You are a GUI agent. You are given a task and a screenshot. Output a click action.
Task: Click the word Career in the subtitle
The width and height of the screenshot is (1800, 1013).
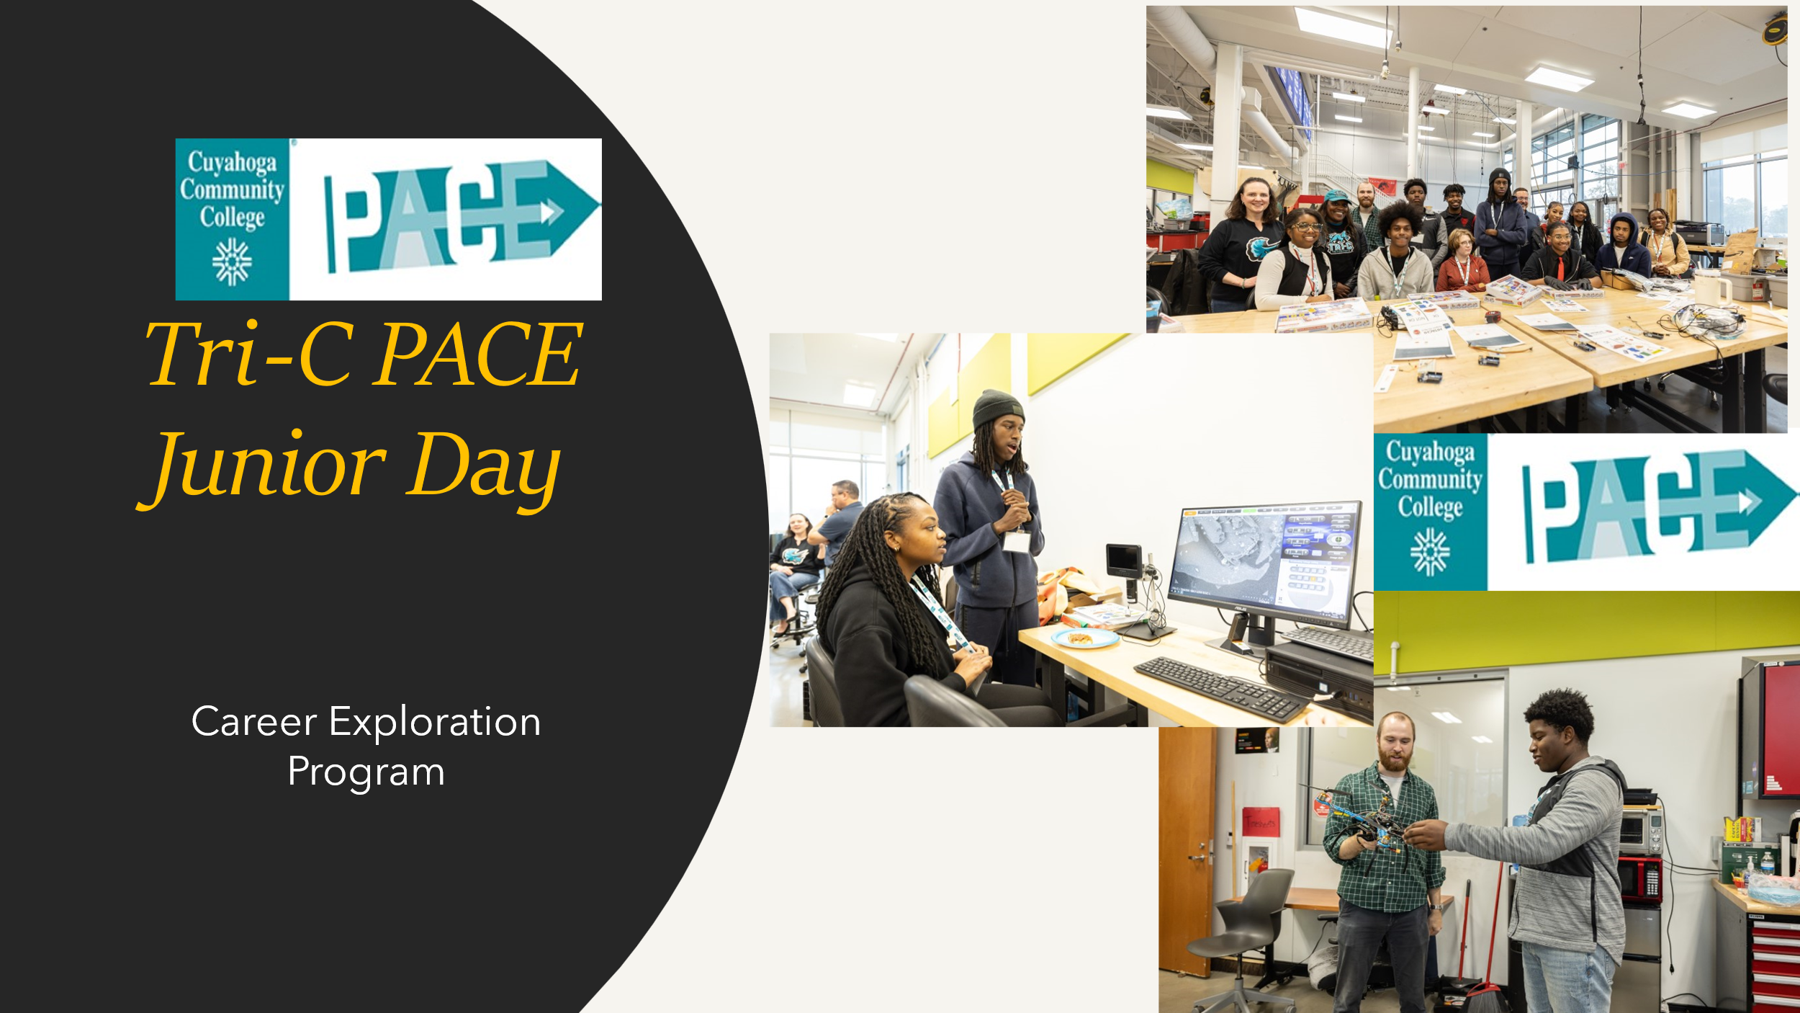[254, 722]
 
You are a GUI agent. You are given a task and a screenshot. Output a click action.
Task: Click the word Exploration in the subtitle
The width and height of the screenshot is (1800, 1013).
[435, 723]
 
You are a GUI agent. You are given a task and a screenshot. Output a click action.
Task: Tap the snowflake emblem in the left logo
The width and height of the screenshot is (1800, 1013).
[232, 262]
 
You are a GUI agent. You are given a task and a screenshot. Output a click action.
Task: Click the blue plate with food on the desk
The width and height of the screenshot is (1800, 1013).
[1085, 638]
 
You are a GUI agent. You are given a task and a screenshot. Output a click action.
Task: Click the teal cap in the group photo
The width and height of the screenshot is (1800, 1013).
[1337, 196]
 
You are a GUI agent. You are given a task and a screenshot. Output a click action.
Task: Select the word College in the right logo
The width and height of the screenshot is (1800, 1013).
[1431, 507]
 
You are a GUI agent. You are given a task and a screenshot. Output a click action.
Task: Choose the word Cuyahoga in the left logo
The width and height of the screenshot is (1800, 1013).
[232, 163]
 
